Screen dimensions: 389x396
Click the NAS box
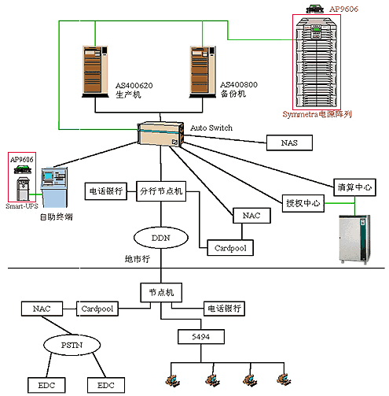pyautogui.click(x=289, y=142)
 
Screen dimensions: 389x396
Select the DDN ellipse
pyautogui.click(x=161, y=238)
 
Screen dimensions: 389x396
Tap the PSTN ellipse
pyautogui.click(x=72, y=345)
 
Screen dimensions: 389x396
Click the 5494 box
pyautogui.click(x=201, y=337)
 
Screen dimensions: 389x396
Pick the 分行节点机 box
pyautogui.click(x=161, y=191)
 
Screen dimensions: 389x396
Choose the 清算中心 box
pyautogui.click(x=354, y=187)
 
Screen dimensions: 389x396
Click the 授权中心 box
pyautogui.click(x=303, y=203)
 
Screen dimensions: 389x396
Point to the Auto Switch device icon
pyautogui.click(x=161, y=134)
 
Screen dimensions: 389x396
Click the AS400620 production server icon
pyautogui.click(x=95, y=72)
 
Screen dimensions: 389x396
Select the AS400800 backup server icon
pyautogui.click(x=203, y=72)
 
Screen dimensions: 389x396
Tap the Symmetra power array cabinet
pyautogui.click(x=317, y=62)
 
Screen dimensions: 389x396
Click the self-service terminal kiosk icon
pyautogui.click(x=54, y=187)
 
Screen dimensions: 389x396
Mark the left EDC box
pyautogui.click(x=46, y=385)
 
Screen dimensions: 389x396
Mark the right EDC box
pyautogui.click(x=106, y=385)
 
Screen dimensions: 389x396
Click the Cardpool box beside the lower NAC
pyautogui.click(x=97, y=309)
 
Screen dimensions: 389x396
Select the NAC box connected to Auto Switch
pyautogui.click(x=251, y=216)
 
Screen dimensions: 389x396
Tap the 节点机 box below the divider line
pyautogui.click(x=161, y=292)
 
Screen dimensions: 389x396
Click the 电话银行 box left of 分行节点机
pyautogui.click(x=106, y=191)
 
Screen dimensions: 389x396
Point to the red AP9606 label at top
pyautogui.click(x=343, y=9)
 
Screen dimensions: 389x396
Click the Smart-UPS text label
pyautogui.click(x=22, y=206)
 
